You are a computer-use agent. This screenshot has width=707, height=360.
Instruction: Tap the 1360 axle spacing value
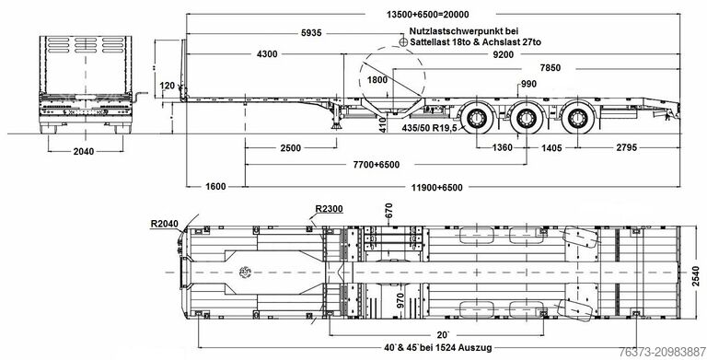tap(503, 147)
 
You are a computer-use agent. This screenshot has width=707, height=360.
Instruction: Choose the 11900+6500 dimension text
tap(439, 187)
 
